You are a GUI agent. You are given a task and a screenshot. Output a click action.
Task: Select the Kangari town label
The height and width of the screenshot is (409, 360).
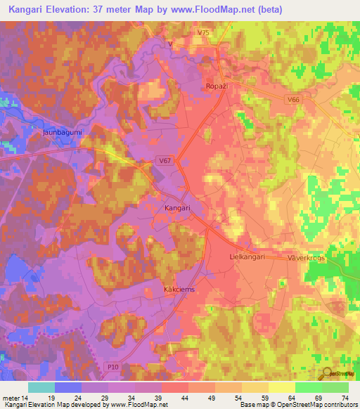(177, 209)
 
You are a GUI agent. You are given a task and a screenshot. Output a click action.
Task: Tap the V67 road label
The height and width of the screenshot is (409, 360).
(165, 161)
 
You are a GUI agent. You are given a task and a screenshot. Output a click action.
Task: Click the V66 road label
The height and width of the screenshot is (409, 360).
(293, 100)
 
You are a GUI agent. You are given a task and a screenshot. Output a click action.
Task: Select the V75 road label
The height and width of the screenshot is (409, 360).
(204, 33)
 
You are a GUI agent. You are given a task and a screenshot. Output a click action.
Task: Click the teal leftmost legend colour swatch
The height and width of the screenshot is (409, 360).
(41, 387)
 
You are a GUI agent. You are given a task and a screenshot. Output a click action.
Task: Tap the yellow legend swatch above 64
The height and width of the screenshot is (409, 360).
(282, 387)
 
